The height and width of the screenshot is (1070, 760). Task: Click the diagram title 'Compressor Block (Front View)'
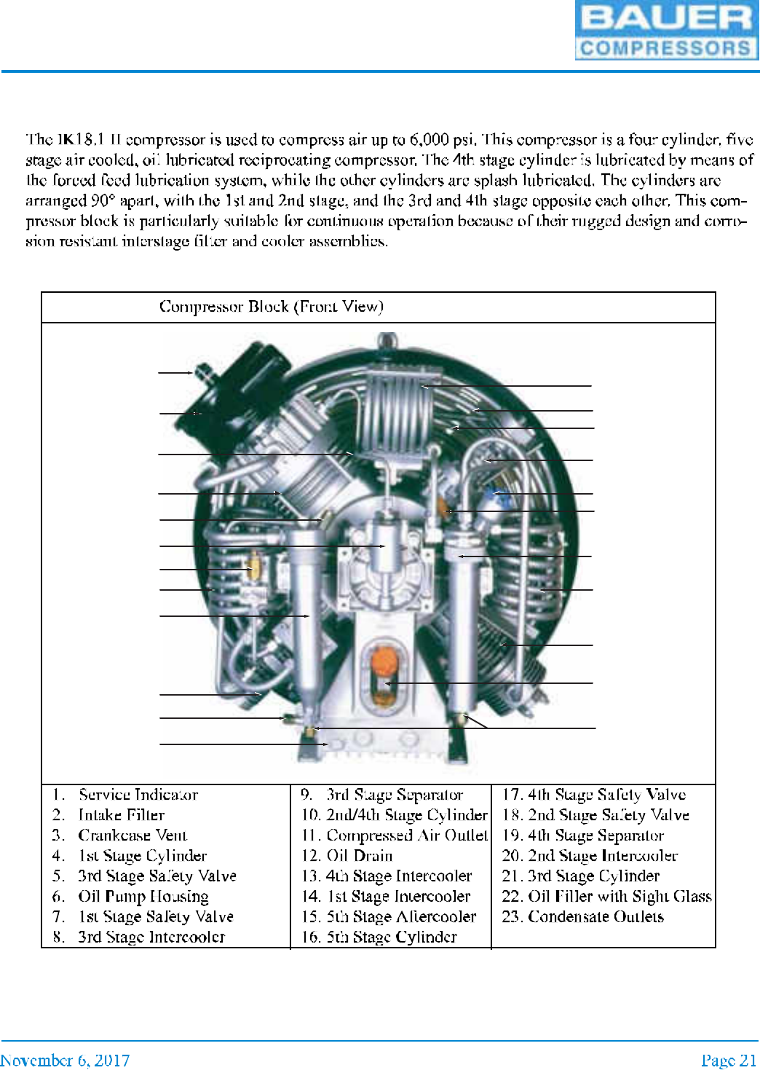point(271,307)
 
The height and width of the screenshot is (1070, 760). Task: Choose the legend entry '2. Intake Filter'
point(121,815)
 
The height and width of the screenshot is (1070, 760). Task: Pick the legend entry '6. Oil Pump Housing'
point(143,897)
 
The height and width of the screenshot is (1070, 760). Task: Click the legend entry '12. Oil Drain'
point(347,856)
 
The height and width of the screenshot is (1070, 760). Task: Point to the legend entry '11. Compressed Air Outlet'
point(394,835)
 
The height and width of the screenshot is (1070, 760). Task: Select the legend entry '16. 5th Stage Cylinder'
point(379,937)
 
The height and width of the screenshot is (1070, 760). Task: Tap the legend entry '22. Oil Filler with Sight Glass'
point(606,897)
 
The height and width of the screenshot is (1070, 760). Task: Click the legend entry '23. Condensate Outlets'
point(582,917)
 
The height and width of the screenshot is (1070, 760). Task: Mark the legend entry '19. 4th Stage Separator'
point(582,835)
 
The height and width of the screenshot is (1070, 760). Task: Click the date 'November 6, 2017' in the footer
point(66,1060)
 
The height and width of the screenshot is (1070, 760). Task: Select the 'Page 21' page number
point(729,1060)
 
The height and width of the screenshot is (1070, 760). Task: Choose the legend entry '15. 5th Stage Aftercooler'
point(389,917)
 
